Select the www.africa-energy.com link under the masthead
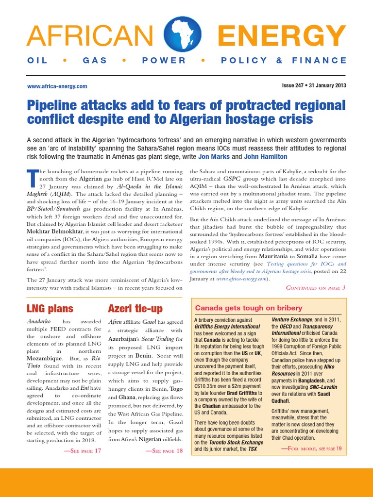click(57, 86)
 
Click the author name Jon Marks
click(215, 157)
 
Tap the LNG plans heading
click(50, 308)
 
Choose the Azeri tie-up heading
click(135, 308)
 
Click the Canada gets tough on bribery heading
click(248, 308)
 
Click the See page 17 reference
click(83, 451)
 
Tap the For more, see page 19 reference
click(311, 448)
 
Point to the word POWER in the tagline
click(164, 60)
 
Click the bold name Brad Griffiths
click(240, 393)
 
